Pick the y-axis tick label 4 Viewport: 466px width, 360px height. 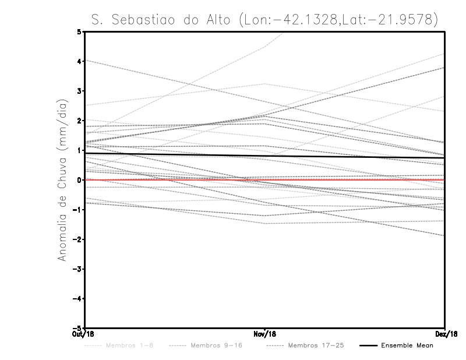[79, 61]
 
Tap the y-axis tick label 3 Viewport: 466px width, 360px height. [79, 91]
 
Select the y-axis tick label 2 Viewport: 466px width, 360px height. [79, 121]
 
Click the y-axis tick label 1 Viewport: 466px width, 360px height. [79, 150]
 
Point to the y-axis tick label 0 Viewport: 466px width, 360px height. [79, 180]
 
